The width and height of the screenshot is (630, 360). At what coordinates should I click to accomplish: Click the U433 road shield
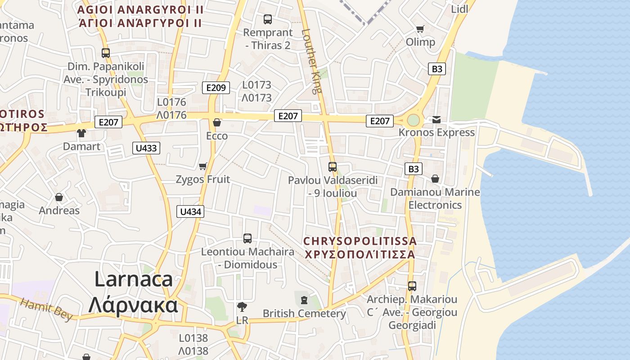146,148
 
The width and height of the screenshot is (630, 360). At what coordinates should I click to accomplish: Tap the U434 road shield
190,211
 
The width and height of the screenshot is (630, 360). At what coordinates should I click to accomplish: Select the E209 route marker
216,87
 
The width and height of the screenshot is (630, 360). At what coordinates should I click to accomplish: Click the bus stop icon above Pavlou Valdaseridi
333,167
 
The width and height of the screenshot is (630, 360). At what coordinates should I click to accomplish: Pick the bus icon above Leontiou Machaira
247,238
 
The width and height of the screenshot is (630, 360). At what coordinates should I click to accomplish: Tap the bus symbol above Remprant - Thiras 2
268,19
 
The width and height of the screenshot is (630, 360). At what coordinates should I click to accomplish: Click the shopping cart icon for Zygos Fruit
203,166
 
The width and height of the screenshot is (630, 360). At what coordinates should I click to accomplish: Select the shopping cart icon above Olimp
420,29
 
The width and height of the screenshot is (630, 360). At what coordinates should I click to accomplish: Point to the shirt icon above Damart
81,133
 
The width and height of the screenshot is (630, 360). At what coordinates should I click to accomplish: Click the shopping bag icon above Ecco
217,122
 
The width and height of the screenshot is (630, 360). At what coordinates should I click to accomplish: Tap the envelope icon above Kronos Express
436,120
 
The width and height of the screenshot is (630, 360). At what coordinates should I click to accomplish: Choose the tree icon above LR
242,307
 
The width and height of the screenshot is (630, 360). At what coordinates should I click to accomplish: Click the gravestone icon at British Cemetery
304,300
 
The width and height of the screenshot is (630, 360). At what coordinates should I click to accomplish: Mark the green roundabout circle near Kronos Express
413,120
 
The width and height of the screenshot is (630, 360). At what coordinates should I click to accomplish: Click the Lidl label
459,9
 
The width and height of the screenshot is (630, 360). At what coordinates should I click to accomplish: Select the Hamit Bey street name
46,310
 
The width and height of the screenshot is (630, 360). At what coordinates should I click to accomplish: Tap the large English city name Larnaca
133,279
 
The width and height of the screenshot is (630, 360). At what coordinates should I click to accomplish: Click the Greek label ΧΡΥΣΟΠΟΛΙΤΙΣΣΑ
360,254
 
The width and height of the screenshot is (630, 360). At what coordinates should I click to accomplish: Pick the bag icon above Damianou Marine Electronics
435,179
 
